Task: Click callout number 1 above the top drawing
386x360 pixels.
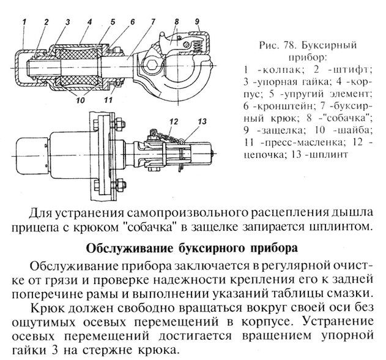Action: pos(24,22)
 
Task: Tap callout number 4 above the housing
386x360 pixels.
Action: pos(89,22)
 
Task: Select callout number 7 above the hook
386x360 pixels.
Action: pos(153,22)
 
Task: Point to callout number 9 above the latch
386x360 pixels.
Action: pos(197,21)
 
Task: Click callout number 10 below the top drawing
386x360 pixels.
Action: pos(81,100)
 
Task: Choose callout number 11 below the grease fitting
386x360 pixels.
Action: pos(108,100)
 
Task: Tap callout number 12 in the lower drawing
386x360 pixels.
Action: pos(174,122)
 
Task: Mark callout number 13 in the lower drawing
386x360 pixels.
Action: pos(202,122)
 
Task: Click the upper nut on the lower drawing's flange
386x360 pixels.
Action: pos(119,122)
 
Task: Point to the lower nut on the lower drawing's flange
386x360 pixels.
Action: pos(119,184)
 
